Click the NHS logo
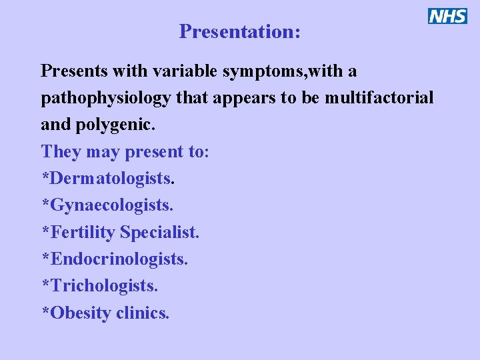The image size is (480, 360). click(x=447, y=16)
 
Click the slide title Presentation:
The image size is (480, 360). click(x=239, y=31)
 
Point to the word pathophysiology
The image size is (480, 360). click(x=106, y=98)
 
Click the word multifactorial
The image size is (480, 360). click(x=379, y=98)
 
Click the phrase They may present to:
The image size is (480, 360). click(x=125, y=151)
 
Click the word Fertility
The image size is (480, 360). click(x=83, y=232)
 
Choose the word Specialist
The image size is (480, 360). click(x=159, y=232)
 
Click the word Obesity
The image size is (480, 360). click(x=80, y=313)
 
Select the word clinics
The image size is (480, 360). click(x=143, y=313)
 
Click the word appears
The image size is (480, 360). click(x=249, y=98)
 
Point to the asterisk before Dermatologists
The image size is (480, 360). click(x=45, y=176)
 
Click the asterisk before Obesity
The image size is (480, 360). click(x=45, y=310)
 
